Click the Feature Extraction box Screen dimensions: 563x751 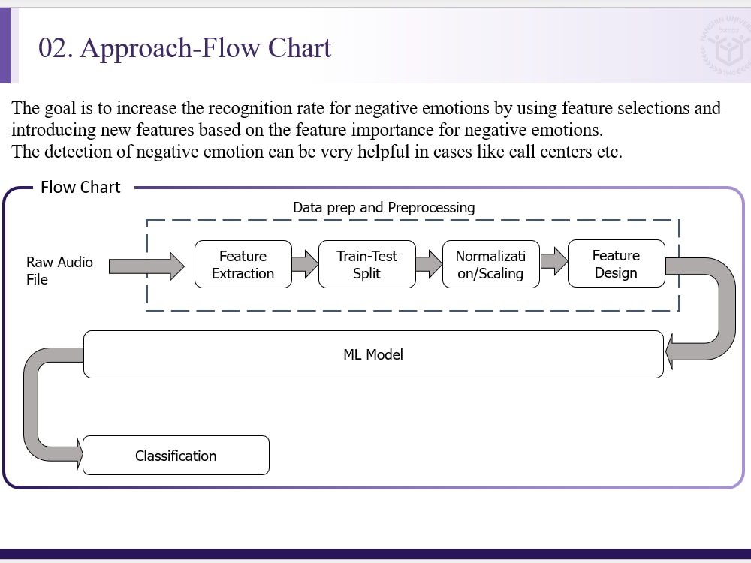pyautogui.click(x=243, y=264)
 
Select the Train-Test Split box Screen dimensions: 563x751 pyautogui.click(x=366, y=264)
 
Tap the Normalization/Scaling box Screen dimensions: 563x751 pyautogui.click(x=490, y=264)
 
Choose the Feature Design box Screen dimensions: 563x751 pyautogui.click(x=616, y=264)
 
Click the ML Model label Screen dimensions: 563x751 pyautogui.click(x=373, y=354)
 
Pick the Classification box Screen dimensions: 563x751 pyautogui.click(x=176, y=456)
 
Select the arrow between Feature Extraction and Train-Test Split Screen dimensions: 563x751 pyautogui.click(x=305, y=263)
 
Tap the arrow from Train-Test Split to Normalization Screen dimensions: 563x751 pyautogui.click(x=429, y=263)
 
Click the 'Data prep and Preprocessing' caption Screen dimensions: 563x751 pyautogui.click(x=384, y=207)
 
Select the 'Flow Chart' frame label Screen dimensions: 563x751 pyautogui.click(x=80, y=188)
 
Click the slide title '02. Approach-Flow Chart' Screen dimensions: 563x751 pyautogui.click(x=185, y=47)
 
